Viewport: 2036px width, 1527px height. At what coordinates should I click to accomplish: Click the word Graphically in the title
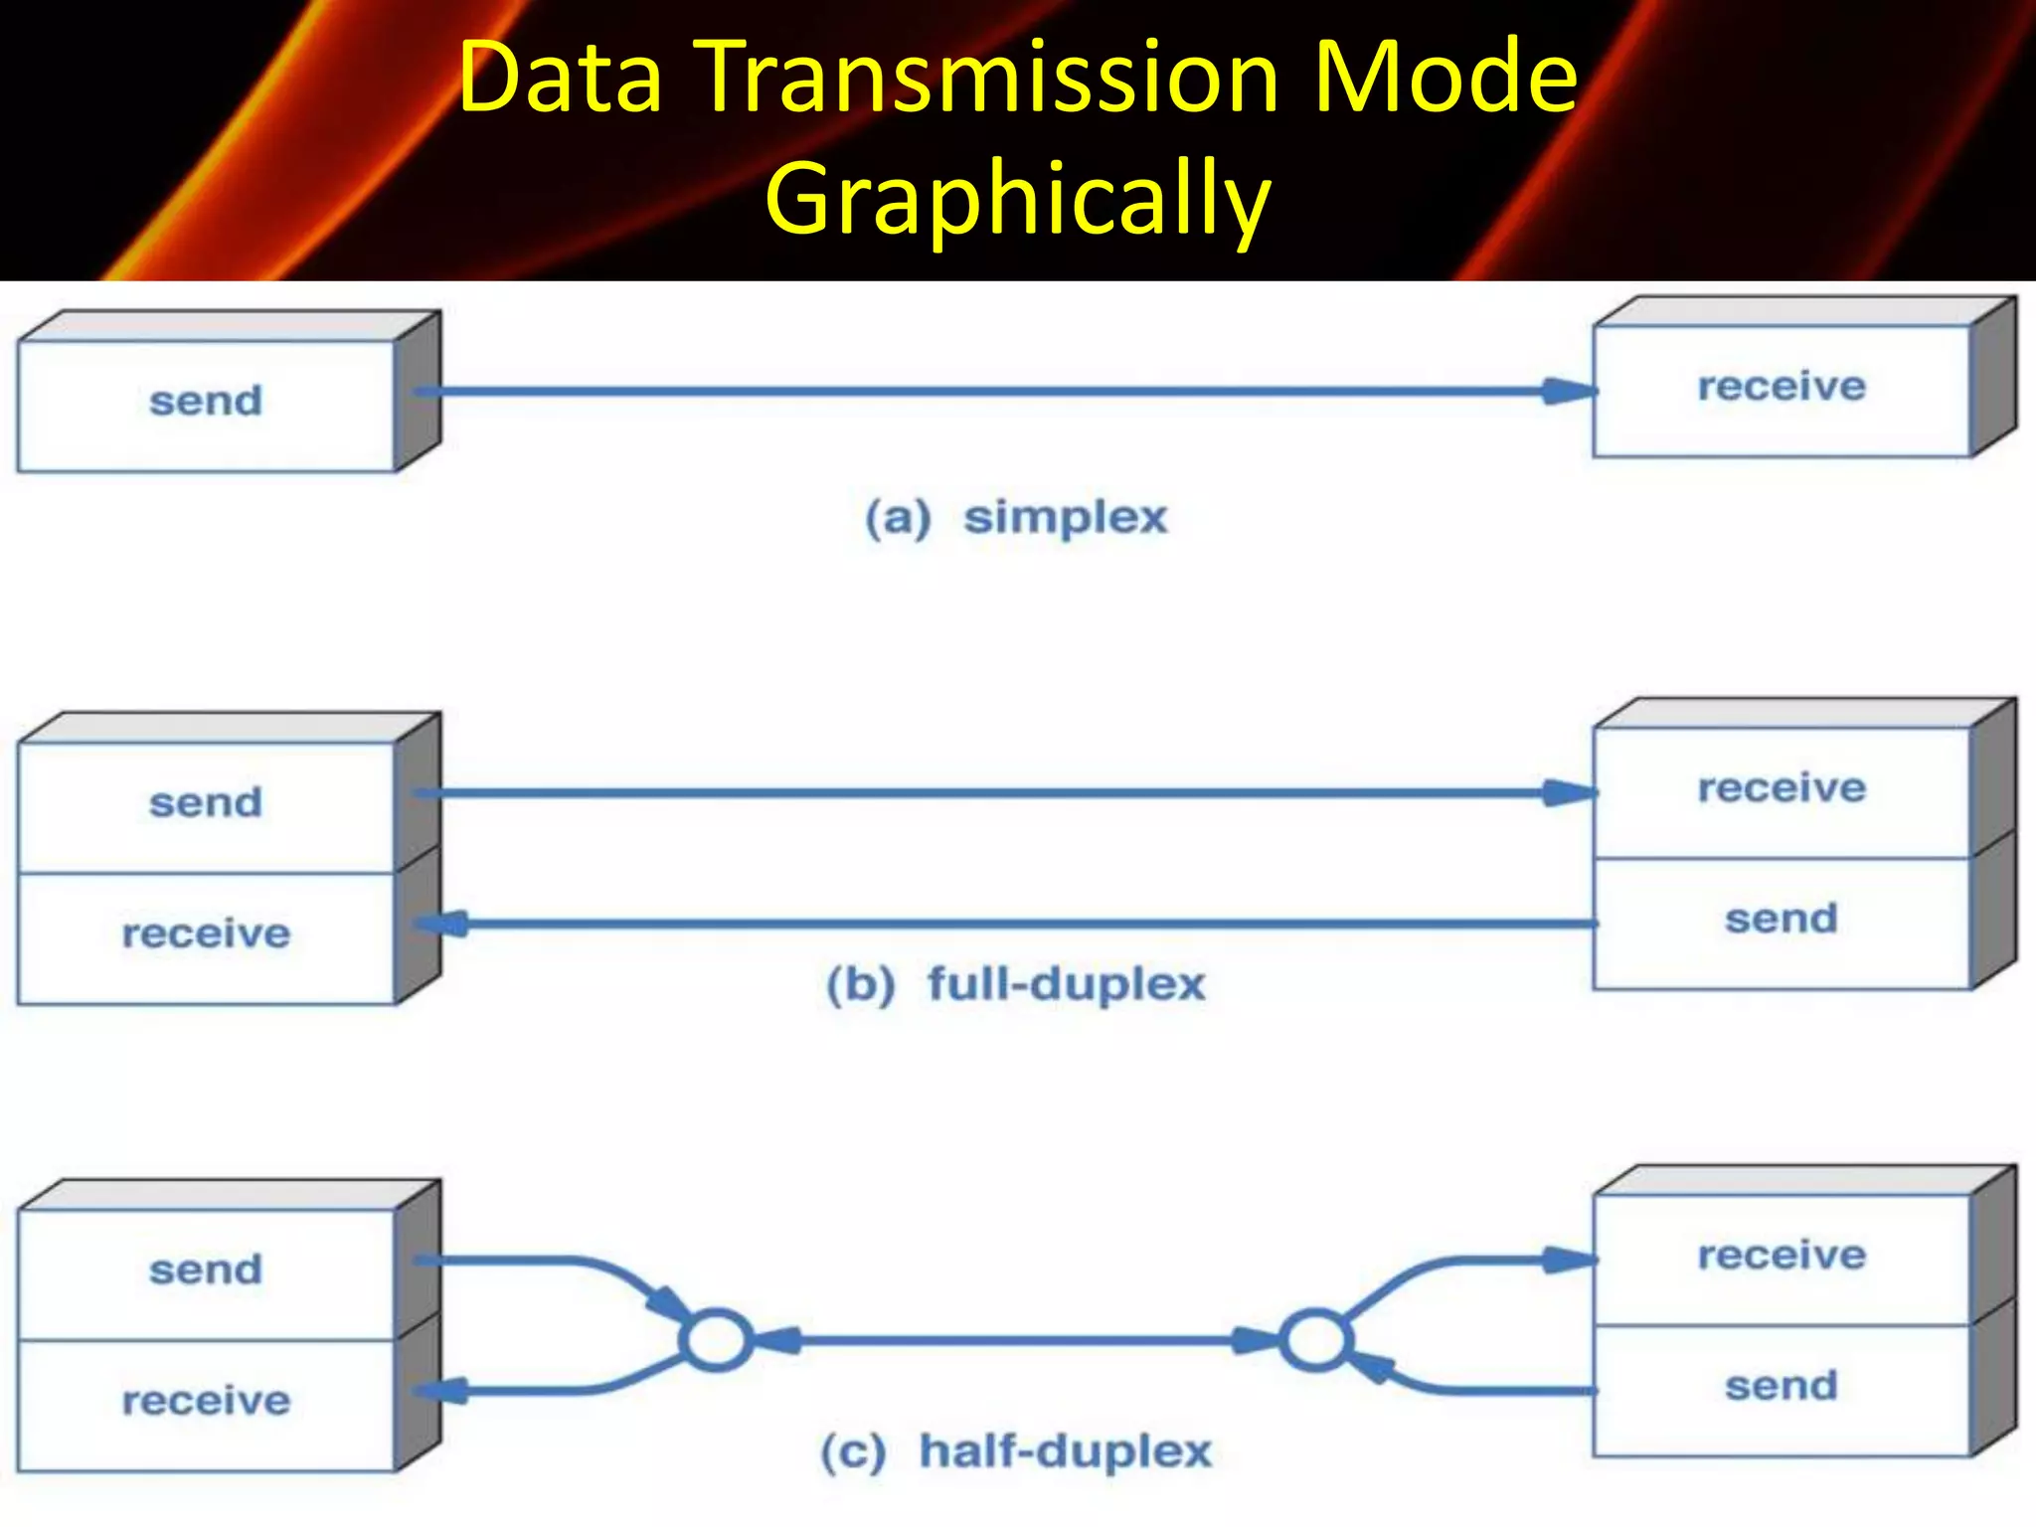[x=1017, y=199]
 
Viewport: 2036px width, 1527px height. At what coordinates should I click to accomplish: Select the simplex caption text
[x=1065, y=518]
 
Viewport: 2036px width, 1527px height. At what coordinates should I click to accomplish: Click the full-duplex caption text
[x=1066, y=984]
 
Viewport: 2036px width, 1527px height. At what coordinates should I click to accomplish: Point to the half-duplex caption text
[x=1065, y=1451]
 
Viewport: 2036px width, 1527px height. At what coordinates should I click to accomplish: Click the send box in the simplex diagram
[x=206, y=402]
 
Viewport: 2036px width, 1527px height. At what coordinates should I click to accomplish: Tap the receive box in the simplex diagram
[x=1781, y=387]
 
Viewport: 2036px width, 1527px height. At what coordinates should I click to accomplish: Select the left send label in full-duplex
[x=206, y=803]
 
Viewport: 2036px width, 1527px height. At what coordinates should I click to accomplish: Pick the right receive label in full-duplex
[x=1781, y=788]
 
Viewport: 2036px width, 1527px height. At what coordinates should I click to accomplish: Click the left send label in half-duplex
[x=206, y=1271]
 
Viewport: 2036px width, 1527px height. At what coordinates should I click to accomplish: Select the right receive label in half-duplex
[x=1781, y=1256]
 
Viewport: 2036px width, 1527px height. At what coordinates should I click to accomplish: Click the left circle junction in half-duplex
[x=715, y=1340]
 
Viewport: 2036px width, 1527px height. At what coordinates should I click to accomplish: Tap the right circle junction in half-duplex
[x=1314, y=1340]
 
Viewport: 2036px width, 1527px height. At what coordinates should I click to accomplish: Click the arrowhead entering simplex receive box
[x=1569, y=392]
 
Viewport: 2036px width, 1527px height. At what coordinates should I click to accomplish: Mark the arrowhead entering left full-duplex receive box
[x=441, y=925]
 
